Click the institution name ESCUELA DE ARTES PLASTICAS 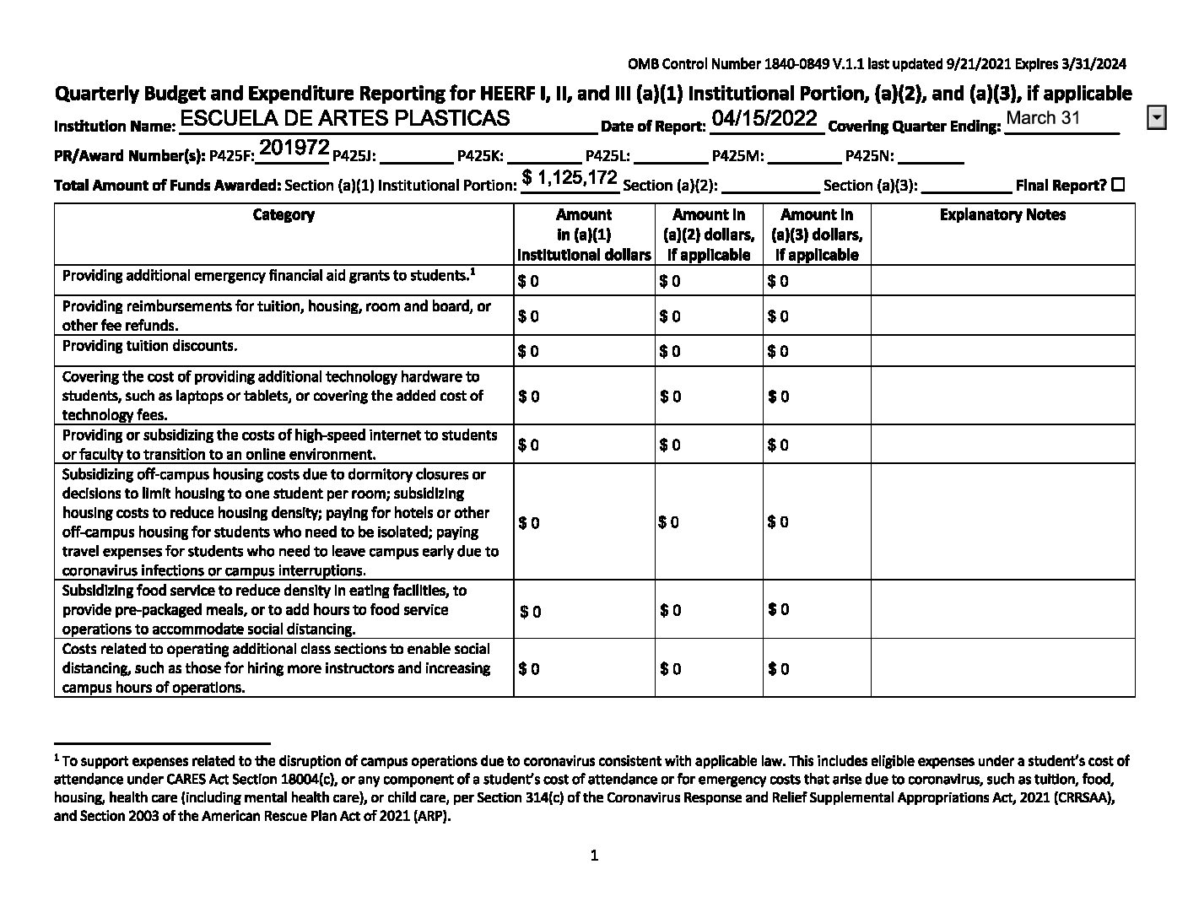point(345,118)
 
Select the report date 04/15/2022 point(764,118)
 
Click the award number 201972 point(294,148)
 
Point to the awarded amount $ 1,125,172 point(570,177)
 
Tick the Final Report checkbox point(1118,185)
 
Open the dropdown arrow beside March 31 point(1157,118)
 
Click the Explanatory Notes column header point(1002,215)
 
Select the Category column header point(283,215)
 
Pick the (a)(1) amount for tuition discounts point(529,351)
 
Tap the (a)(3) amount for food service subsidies point(778,609)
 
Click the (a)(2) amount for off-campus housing point(668,522)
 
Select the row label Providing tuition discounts point(149,346)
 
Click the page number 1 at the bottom point(594,856)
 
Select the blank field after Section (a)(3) point(966,186)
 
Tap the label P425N point(870,156)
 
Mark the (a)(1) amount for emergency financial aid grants point(529,281)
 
